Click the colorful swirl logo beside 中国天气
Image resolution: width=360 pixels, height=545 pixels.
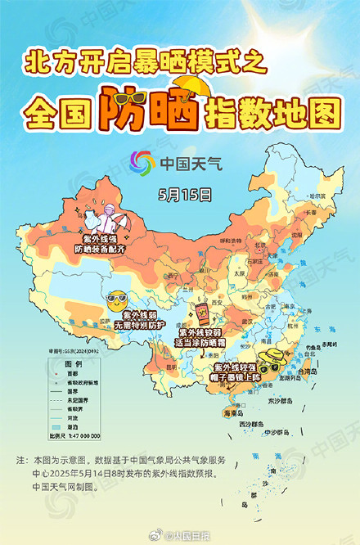click(x=143, y=162)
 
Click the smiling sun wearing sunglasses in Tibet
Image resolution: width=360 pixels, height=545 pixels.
click(x=117, y=298)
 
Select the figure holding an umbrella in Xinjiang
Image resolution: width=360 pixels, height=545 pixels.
click(x=106, y=220)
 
